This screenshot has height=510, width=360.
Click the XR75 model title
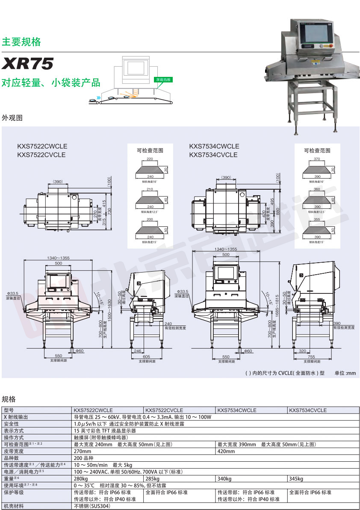(x=28, y=64)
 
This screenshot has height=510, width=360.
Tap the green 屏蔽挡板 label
(x=164, y=79)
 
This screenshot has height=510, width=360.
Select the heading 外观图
(x=12, y=117)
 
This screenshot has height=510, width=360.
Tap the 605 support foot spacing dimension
(x=146, y=356)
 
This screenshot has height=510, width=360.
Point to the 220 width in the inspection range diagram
(x=150, y=159)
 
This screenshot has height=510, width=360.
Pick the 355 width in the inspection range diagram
(x=317, y=219)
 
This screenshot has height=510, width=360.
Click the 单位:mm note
(x=345, y=373)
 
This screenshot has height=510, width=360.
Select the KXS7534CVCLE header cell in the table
(x=308, y=410)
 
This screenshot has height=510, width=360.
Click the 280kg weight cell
(x=81, y=479)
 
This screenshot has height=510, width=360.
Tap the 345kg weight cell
(x=296, y=479)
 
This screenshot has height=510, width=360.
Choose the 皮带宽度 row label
(x=14, y=451)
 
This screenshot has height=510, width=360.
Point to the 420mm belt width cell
(x=226, y=451)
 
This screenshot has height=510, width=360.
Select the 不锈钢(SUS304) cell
(x=92, y=506)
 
